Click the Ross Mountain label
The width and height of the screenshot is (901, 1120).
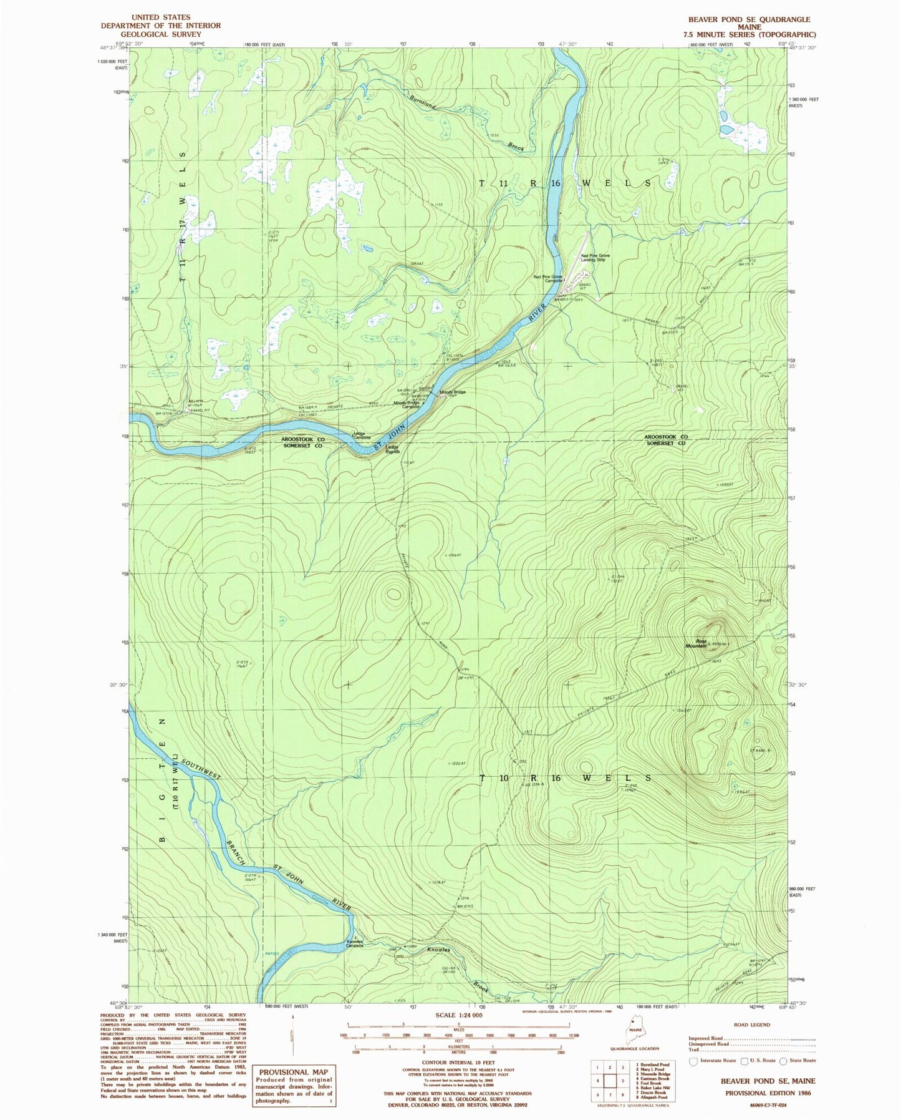point(696,643)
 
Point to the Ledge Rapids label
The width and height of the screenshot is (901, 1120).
point(392,449)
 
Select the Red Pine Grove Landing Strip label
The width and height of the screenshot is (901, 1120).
point(595,258)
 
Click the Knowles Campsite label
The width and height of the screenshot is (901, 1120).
point(355,943)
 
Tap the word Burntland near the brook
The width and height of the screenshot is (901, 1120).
point(423,102)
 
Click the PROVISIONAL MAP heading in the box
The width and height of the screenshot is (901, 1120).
point(293,1071)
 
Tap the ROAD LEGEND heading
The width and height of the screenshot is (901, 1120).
point(751,1025)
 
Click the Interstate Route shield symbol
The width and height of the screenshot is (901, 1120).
point(693,1061)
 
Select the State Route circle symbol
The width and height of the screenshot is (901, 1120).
point(783,1061)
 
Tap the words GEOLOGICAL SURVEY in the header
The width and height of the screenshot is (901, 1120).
point(161,34)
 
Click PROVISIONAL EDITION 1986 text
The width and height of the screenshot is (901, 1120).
point(769,1093)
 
